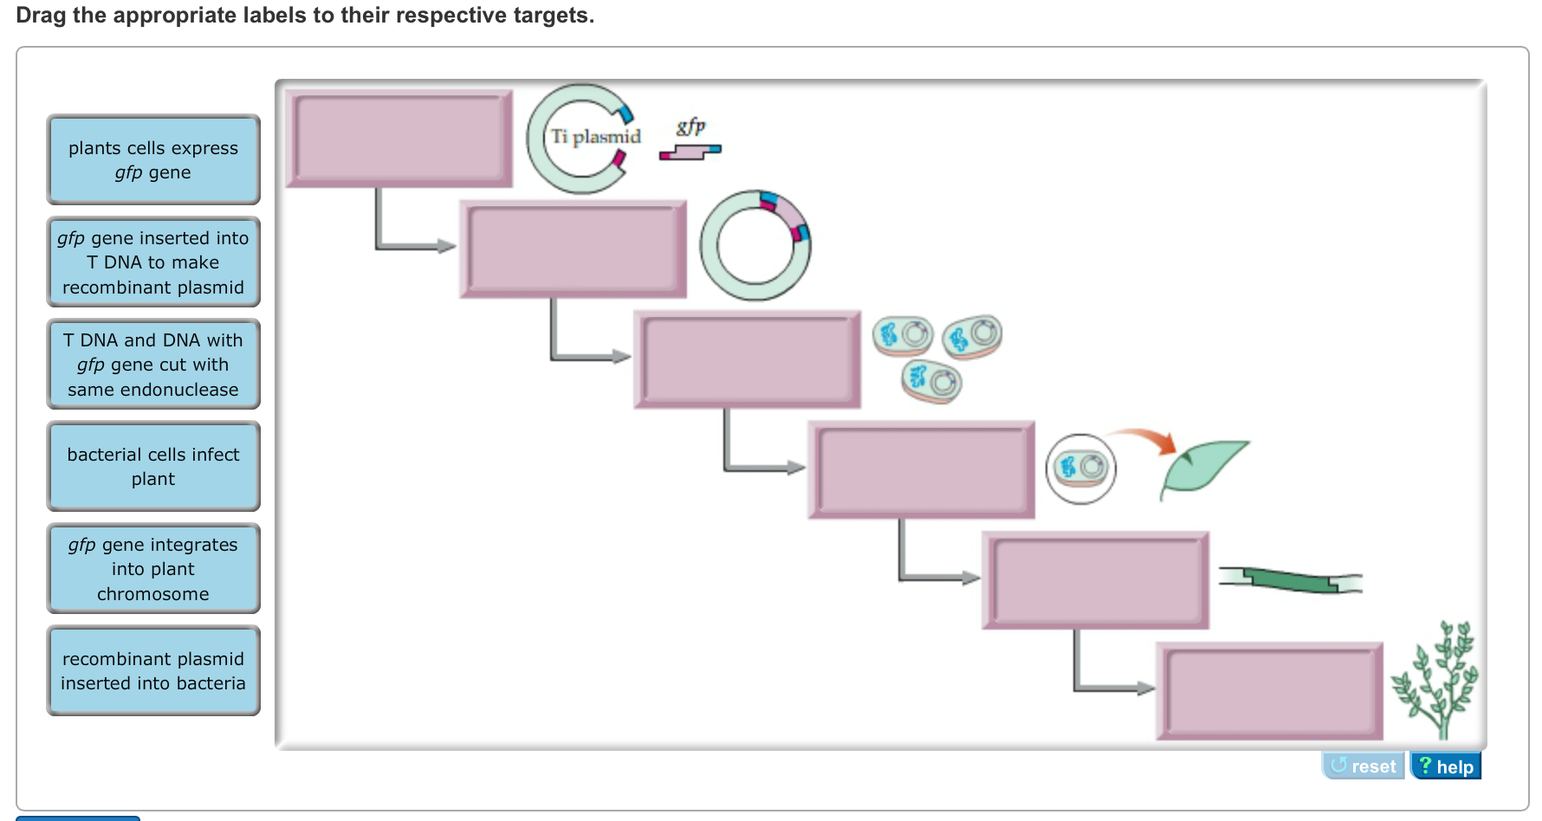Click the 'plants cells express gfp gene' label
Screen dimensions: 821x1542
point(153,160)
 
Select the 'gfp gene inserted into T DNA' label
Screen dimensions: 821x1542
point(153,262)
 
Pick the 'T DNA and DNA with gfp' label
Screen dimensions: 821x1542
point(153,365)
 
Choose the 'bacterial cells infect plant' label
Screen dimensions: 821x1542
point(153,467)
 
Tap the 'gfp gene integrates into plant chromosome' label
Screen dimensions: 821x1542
point(153,569)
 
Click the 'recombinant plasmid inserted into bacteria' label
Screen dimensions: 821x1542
point(153,671)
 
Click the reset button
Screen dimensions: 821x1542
point(1363,766)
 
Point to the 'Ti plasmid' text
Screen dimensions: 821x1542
point(596,137)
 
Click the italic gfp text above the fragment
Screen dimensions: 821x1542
point(690,126)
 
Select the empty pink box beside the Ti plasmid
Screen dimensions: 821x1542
point(399,139)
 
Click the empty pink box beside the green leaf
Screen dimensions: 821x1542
point(921,470)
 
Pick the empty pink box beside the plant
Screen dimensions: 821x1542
point(1269,691)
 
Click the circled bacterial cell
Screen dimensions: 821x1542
point(1081,469)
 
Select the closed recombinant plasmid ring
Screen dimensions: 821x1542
point(755,246)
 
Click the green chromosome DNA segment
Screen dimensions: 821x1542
point(1291,580)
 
